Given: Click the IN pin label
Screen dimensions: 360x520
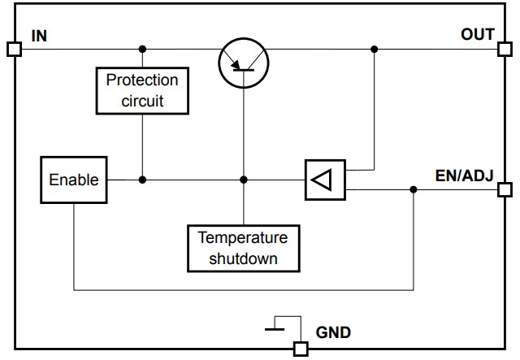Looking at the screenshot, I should (38, 36).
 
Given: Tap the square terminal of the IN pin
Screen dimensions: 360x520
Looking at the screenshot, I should (14, 49).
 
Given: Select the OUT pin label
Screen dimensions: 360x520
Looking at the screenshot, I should (477, 34).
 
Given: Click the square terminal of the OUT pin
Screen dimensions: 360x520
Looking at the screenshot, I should (505, 49).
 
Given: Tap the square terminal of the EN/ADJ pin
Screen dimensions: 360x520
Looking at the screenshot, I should (505, 189).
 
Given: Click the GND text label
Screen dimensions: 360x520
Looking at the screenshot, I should (333, 332).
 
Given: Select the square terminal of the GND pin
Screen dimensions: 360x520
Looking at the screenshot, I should (301, 349).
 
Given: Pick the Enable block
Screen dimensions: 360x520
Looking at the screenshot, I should (73, 180).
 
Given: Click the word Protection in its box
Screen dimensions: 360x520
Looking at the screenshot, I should (142, 81).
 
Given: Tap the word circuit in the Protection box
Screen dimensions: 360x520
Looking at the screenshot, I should (142, 101).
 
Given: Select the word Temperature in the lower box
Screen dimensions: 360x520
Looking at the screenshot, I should (243, 238).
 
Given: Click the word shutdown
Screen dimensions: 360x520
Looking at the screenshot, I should (243, 258).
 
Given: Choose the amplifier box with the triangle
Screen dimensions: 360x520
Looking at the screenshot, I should (324, 180).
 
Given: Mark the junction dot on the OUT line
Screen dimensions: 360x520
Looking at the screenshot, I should (374, 49).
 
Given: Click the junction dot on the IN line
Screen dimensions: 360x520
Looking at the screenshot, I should (142, 49).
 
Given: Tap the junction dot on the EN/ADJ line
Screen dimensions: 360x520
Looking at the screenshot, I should (413, 189).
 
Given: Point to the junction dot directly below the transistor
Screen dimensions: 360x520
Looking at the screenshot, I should (243, 180).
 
